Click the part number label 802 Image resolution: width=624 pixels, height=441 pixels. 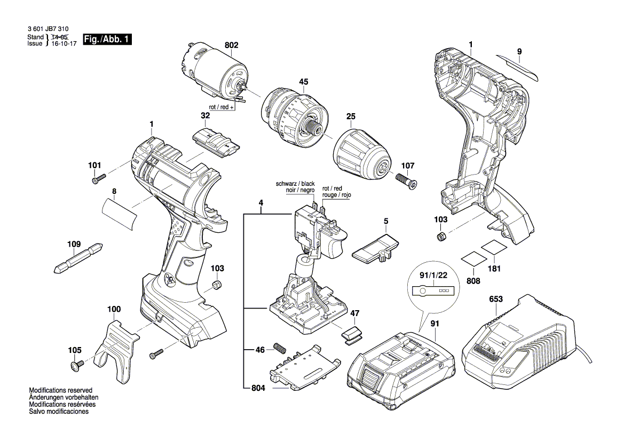pos(231,45)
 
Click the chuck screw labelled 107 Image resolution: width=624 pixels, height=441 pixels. pos(406,180)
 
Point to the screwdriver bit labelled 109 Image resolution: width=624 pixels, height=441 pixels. pos(78,258)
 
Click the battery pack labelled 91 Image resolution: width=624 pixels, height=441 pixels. pos(401,368)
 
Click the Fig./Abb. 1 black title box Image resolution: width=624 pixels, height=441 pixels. pos(107,40)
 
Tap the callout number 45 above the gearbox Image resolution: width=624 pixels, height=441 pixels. pos(304,82)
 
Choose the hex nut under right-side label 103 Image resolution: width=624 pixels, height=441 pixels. pos(441,235)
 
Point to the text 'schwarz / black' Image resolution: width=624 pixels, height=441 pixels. pos(295,184)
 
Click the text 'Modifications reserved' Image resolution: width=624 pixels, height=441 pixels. pos(60,390)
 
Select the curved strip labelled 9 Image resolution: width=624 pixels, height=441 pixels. pos(517,66)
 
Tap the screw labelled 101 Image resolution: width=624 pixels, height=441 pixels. pos(99,179)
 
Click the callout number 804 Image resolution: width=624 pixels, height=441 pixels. pos(258,388)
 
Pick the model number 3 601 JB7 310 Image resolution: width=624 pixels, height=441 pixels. pos(48,29)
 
